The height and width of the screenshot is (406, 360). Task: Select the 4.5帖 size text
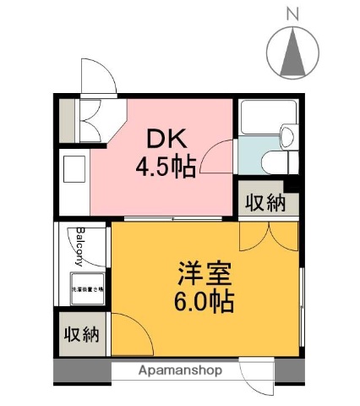[x=166, y=165]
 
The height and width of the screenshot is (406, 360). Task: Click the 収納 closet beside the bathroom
[x=265, y=203]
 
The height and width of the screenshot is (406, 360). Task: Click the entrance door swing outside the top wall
[x=98, y=78]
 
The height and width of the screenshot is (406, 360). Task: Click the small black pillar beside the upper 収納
[x=292, y=185]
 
